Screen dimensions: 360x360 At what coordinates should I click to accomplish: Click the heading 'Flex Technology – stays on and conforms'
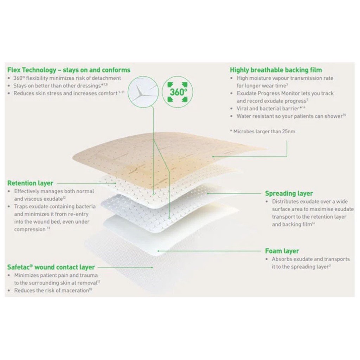[69, 70]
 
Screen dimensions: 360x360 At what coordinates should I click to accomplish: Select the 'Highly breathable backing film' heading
[276, 70]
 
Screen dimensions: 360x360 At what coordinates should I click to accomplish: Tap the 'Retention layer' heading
[30, 183]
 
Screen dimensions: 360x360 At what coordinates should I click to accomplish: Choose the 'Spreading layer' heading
[289, 193]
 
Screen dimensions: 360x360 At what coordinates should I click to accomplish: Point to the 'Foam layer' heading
[282, 251]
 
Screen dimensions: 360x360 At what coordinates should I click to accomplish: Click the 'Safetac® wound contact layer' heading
[51, 267]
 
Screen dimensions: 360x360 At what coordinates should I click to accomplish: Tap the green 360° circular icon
[178, 92]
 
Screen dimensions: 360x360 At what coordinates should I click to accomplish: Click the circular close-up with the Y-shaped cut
[143, 92]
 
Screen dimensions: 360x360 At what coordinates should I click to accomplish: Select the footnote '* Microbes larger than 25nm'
[262, 131]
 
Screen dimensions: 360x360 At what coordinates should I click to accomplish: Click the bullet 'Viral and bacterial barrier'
[268, 108]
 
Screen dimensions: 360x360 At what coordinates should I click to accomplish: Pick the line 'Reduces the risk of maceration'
[51, 290]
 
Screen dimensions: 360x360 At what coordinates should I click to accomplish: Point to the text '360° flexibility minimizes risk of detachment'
[67, 78]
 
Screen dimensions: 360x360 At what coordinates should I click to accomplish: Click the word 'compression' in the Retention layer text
[30, 229]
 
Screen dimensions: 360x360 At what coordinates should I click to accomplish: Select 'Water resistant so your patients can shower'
[290, 116]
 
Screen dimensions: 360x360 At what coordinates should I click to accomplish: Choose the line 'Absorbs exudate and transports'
[311, 259]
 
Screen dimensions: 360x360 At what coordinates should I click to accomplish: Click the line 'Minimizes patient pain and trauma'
[56, 275]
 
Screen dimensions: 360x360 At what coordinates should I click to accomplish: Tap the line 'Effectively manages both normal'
[54, 191]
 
